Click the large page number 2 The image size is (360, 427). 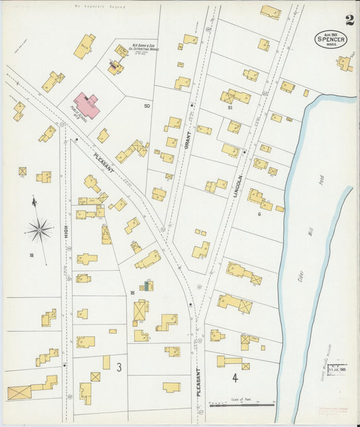click(x=349, y=20)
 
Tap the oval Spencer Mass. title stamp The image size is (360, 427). click(x=331, y=39)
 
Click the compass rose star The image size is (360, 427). click(x=41, y=230)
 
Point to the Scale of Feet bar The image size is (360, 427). click(x=242, y=405)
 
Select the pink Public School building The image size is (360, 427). click(x=86, y=105)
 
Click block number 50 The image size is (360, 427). click(x=147, y=105)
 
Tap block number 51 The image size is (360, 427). click(x=230, y=107)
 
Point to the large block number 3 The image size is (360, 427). click(x=118, y=368)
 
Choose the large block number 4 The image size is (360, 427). click(x=235, y=378)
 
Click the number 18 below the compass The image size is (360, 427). click(x=32, y=255)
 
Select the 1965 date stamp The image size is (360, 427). click(x=337, y=370)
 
